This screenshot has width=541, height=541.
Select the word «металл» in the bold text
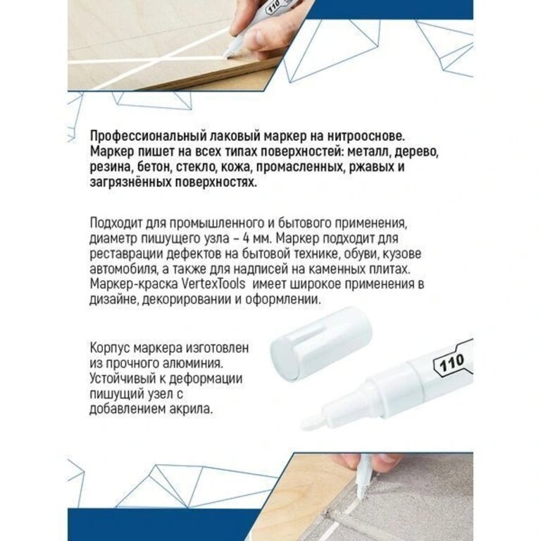click(369, 152)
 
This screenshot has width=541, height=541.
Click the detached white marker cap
click(321, 343)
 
